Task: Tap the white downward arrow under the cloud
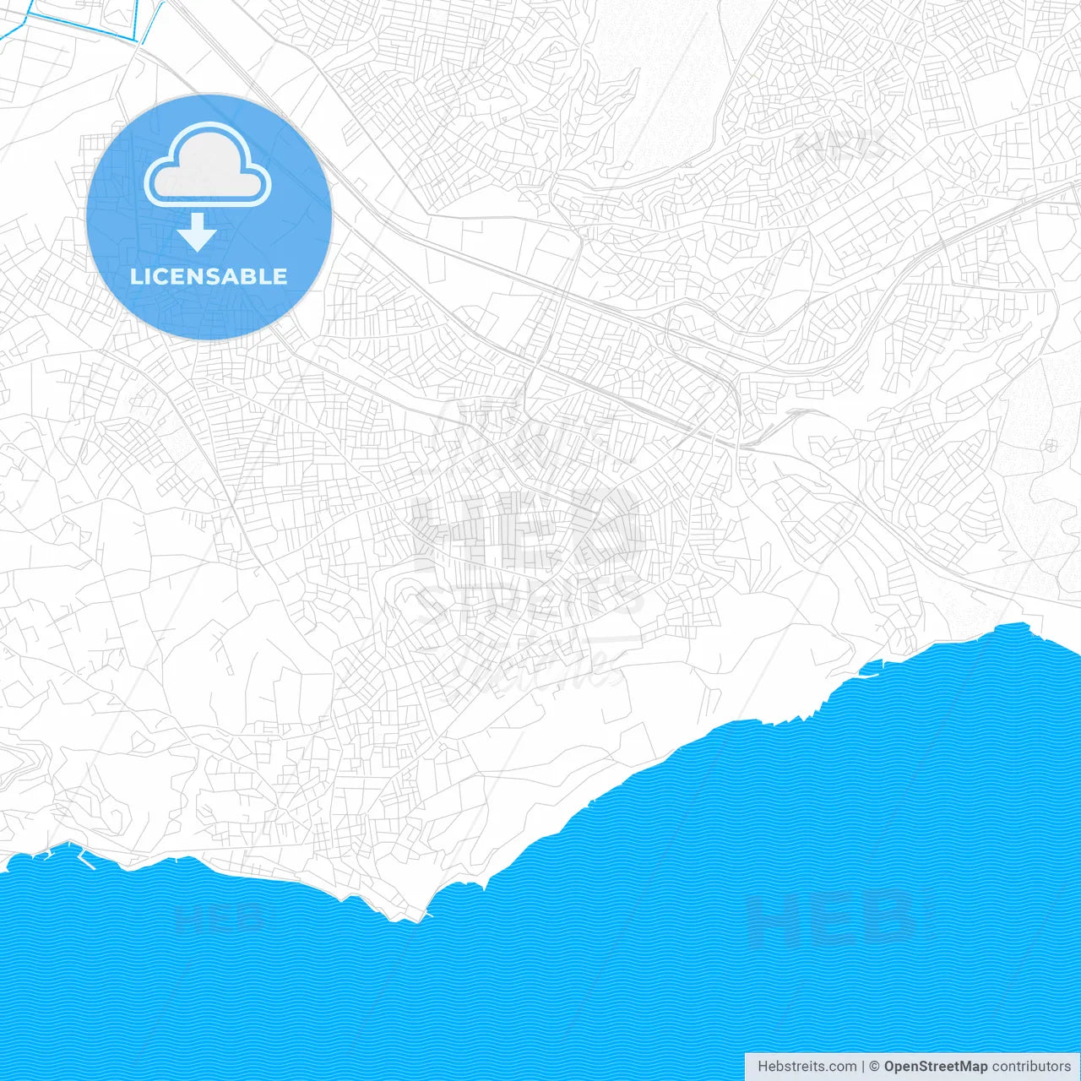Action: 198,232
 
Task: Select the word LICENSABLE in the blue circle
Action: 209,276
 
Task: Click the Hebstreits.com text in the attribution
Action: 807,1067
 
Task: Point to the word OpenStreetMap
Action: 936,1067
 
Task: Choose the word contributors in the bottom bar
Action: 1031,1067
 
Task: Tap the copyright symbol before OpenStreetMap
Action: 875,1067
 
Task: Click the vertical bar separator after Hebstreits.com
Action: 863,1067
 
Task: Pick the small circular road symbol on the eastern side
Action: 1051,445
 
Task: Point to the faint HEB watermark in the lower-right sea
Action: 832,918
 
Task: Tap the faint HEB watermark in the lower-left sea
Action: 220,916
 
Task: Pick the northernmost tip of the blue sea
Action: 1024,624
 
